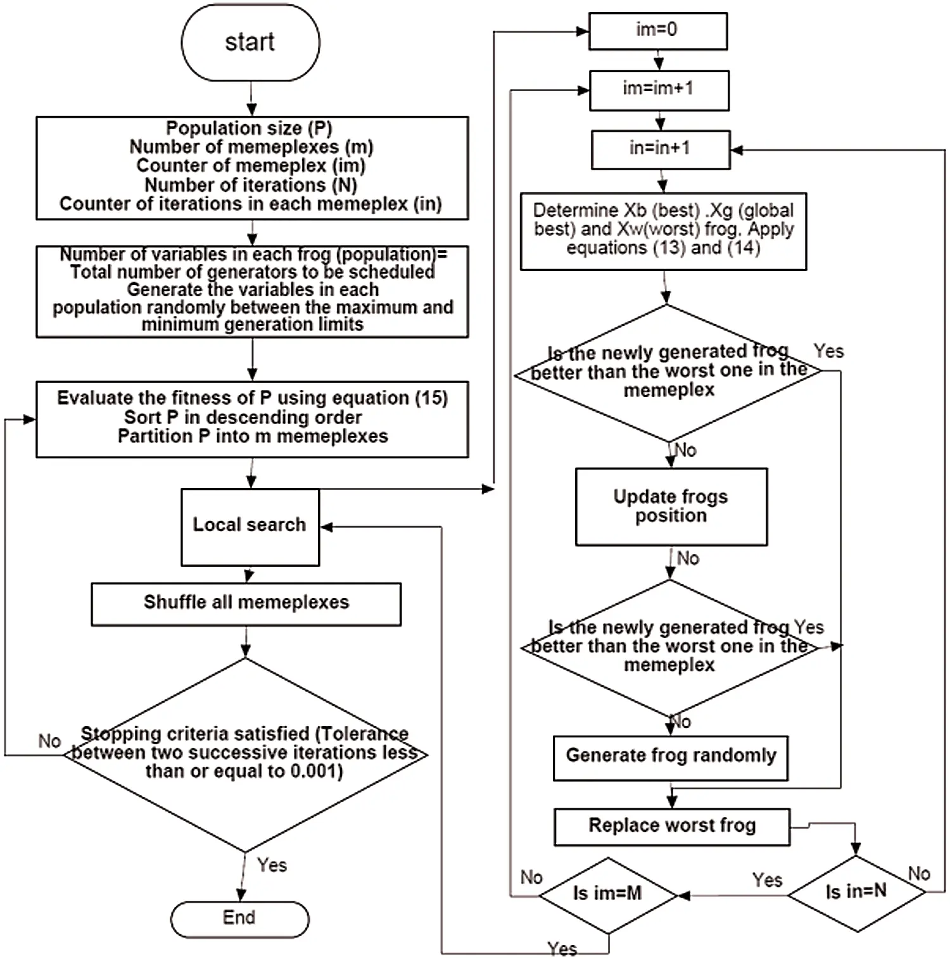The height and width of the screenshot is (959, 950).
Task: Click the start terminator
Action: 250,42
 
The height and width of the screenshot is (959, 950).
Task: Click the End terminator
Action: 239,918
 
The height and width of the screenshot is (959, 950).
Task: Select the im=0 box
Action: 657,30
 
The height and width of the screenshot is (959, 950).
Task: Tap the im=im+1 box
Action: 659,90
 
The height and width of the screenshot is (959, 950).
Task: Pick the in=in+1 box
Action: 660,149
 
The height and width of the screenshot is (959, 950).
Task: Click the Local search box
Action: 250,526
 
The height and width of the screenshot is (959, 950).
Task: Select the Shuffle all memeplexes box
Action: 246,603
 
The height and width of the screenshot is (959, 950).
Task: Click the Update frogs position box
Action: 671,506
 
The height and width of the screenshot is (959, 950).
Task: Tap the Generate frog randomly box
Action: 670,756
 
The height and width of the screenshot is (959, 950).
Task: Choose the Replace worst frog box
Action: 671,826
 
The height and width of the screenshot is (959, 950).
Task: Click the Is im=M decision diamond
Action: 607,894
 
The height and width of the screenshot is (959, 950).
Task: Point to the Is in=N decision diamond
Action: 856,893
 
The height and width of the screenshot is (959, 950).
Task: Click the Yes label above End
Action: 272,865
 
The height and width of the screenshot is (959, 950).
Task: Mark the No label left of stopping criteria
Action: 49,741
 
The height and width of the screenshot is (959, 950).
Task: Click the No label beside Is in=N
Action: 919,874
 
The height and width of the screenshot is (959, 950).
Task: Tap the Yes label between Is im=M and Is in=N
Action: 767,880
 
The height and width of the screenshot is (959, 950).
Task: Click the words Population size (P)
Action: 249,128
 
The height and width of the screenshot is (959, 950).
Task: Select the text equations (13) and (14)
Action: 662,248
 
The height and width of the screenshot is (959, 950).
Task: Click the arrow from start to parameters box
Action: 251,99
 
